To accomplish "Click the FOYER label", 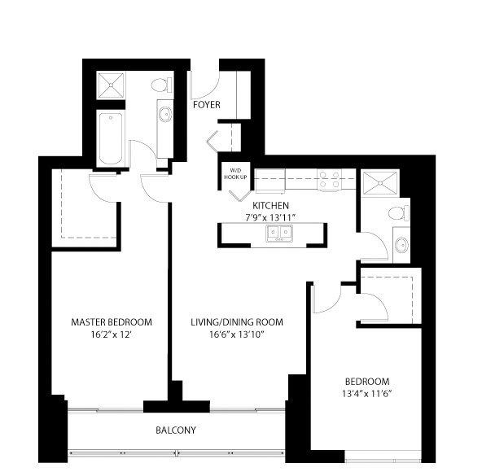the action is [207, 105].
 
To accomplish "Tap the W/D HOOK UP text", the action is [235, 173].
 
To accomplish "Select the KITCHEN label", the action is [270, 205].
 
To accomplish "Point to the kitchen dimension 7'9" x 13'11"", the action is [270, 217].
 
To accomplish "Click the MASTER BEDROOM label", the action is [112, 322].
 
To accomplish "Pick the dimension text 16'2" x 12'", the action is [112, 334].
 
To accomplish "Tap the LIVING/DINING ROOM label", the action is [237, 322].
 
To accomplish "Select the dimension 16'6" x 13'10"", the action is [237, 334].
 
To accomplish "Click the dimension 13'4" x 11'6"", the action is [367, 394].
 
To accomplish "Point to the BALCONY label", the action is [176, 430].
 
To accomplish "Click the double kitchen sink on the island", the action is [279, 233].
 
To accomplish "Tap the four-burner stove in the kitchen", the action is [329, 180].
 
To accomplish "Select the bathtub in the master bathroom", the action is [111, 139].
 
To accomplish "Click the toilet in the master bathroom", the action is [162, 85].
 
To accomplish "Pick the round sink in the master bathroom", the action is [165, 114].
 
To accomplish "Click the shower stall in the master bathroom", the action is [111, 85].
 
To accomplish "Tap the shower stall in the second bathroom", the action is [380, 183].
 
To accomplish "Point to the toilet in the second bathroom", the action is [399, 213].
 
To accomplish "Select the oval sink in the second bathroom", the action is [401, 245].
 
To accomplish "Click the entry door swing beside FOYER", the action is [204, 85].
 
